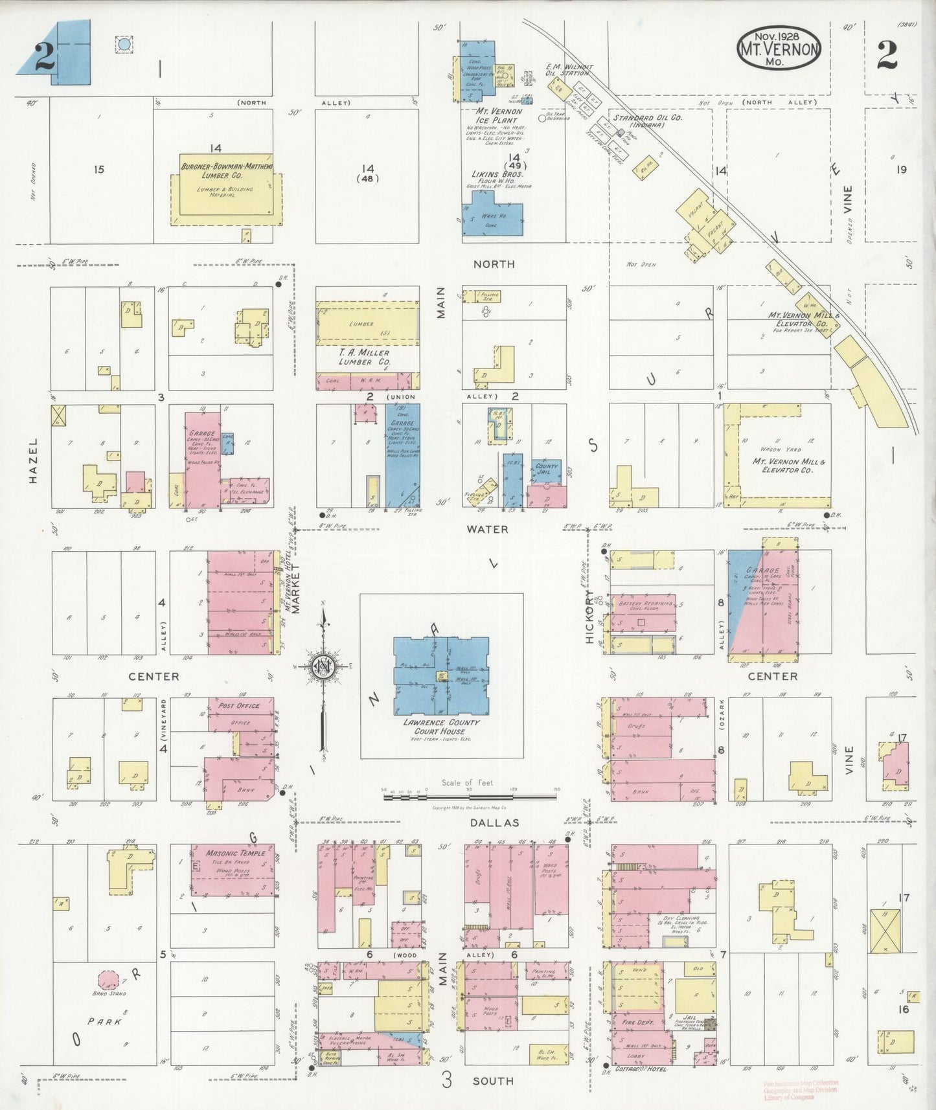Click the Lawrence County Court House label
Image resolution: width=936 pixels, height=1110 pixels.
[439, 726]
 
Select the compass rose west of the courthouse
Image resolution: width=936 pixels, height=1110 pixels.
[322, 667]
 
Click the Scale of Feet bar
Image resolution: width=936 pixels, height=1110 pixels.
[471, 797]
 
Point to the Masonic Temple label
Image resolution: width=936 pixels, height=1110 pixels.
[235, 853]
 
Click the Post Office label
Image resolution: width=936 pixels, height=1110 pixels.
[239, 706]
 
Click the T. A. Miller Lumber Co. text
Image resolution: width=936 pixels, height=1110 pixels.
[365, 357]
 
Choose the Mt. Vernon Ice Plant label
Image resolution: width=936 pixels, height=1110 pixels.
[497, 115]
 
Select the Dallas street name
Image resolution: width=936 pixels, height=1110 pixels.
[494, 822]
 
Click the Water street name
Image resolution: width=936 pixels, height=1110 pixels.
[487, 529]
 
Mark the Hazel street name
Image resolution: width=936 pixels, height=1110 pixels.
[34, 460]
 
